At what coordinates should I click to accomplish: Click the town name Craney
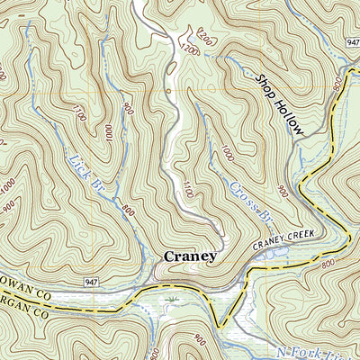coord(190,256)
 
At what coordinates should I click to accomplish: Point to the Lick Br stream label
coord(85,175)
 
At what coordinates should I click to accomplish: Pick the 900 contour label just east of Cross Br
coord(282,193)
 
